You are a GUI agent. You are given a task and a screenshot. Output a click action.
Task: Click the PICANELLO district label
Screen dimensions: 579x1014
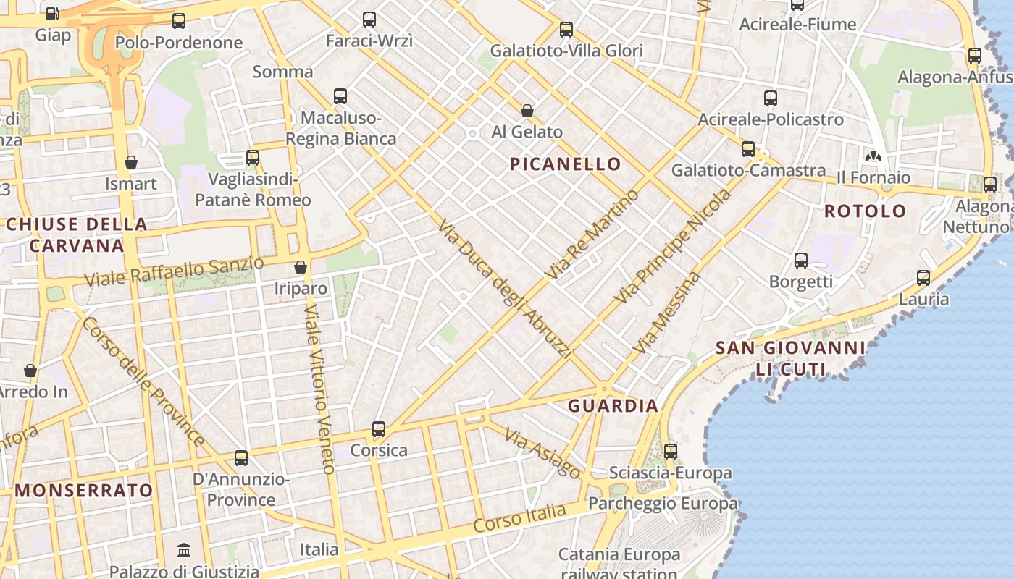[x=565, y=164]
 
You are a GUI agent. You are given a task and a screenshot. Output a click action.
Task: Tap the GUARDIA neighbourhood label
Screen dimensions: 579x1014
[x=613, y=406]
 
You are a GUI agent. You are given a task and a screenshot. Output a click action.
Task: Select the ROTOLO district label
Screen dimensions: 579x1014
[x=865, y=211]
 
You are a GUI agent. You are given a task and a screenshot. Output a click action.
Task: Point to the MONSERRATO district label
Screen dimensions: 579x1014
[x=84, y=491]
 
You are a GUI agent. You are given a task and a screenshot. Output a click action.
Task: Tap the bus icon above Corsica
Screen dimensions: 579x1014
[x=378, y=429]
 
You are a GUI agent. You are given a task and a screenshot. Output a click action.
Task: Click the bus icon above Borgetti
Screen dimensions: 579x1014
[x=800, y=261]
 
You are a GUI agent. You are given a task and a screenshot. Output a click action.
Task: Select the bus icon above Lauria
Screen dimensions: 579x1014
[x=923, y=278]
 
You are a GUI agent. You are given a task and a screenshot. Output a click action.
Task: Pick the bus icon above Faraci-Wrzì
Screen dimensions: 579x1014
[x=369, y=20]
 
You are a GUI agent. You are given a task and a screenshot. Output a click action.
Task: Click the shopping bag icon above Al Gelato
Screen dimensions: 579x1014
[x=527, y=111]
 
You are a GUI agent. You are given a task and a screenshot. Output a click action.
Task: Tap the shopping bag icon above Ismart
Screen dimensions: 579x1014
[x=131, y=162]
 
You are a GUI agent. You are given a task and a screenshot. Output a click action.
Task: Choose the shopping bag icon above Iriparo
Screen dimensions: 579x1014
[x=301, y=267]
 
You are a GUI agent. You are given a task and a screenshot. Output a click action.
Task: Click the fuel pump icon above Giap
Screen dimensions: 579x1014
[x=52, y=13]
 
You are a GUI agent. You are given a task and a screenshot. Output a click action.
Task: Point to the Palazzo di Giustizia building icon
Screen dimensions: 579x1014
[x=184, y=551]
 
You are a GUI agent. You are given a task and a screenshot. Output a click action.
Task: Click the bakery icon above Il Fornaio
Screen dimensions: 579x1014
[x=873, y=156]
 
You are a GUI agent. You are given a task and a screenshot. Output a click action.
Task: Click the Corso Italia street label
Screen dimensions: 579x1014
[x=519, y=519]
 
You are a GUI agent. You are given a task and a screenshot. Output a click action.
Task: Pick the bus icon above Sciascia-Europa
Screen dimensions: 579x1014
[x=671, y=452]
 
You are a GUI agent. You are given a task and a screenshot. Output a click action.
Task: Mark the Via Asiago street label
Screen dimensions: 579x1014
[x=543, y=454]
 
